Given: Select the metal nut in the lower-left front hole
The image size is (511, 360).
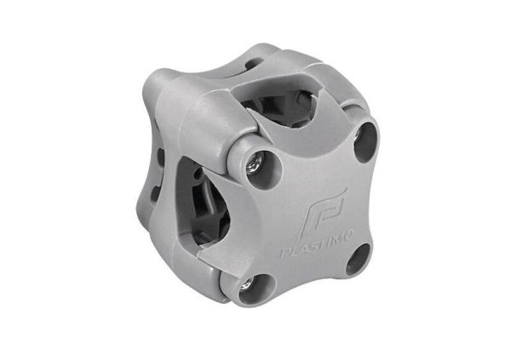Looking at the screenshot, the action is (247, 283).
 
